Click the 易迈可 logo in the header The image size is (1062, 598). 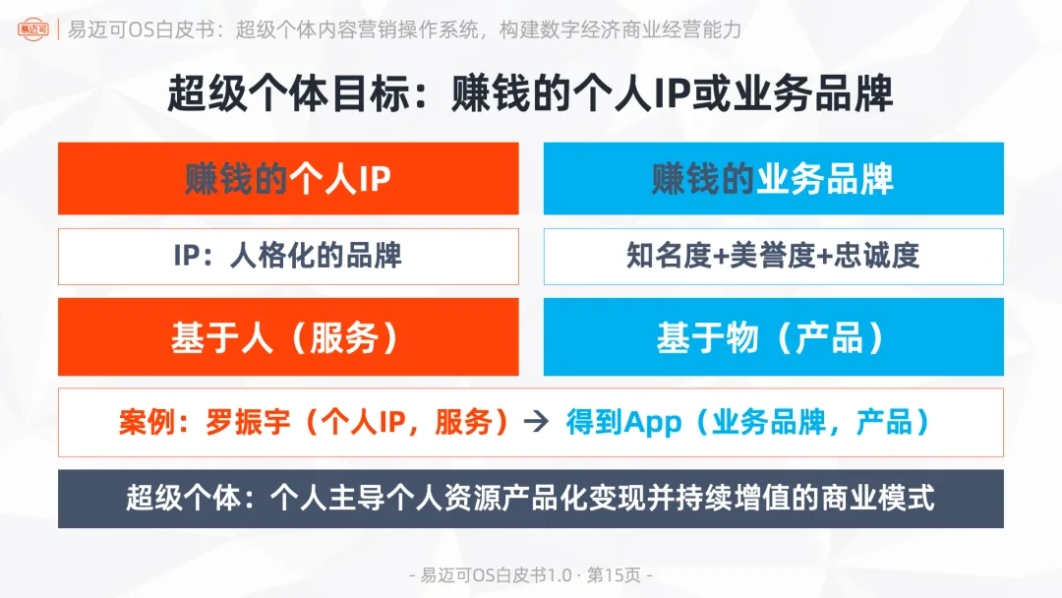point(32,30)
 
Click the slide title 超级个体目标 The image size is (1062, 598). point(531,94)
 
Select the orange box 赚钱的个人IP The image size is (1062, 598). point(288,179)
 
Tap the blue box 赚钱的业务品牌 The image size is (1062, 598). point(773,179)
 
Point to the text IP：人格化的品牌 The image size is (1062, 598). point(288,257)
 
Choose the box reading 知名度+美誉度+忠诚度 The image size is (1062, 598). point(773,257)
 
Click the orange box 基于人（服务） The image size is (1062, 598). point(288,337)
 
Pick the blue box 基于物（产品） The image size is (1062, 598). point(773,337)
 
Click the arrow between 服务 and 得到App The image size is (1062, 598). point(535,423)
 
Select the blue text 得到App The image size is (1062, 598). point(623,423)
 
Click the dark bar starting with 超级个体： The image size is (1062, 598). point(531,498)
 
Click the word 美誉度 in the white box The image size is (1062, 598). point(773,257)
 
